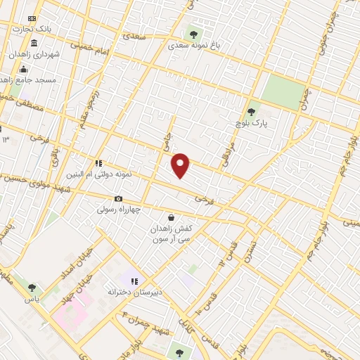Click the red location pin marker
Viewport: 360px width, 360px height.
181,165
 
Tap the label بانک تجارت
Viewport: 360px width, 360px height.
34,29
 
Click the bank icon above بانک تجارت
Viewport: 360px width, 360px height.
30,18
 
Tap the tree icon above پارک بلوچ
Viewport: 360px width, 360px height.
251,111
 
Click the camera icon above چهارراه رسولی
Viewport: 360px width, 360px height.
118,199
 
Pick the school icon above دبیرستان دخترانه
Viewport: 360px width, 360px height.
134,281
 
